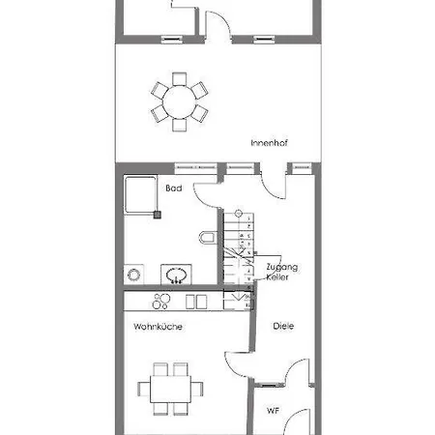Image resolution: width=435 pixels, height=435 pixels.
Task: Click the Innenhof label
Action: pos(269,143)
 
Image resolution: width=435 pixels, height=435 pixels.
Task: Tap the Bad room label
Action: pos(174,188)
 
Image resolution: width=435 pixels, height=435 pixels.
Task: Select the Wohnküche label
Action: pos(158,327)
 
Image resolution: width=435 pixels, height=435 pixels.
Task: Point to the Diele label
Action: pos(283,326)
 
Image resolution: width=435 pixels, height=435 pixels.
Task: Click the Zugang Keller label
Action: pos(282,272)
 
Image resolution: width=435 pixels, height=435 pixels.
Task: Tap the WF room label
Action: pos(273,411)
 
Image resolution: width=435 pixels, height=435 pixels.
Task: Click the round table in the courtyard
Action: pos(180,102)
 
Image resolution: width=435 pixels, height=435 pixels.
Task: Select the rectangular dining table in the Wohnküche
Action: pos(171,389)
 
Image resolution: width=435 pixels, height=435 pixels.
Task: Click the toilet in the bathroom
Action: pos(207,238)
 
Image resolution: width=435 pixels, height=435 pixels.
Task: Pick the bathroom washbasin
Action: pos(176,275)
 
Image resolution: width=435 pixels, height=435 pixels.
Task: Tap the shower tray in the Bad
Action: pos(141,194)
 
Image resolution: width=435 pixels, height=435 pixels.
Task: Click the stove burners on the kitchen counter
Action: pos(161,302)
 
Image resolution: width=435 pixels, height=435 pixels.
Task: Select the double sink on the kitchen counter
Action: pos(196,302)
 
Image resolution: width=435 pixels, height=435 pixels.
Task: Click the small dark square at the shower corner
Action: pos(158,215)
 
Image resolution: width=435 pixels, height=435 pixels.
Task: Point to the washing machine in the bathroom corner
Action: pos(133,275)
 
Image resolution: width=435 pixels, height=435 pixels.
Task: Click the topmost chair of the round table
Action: pos(180,79)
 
